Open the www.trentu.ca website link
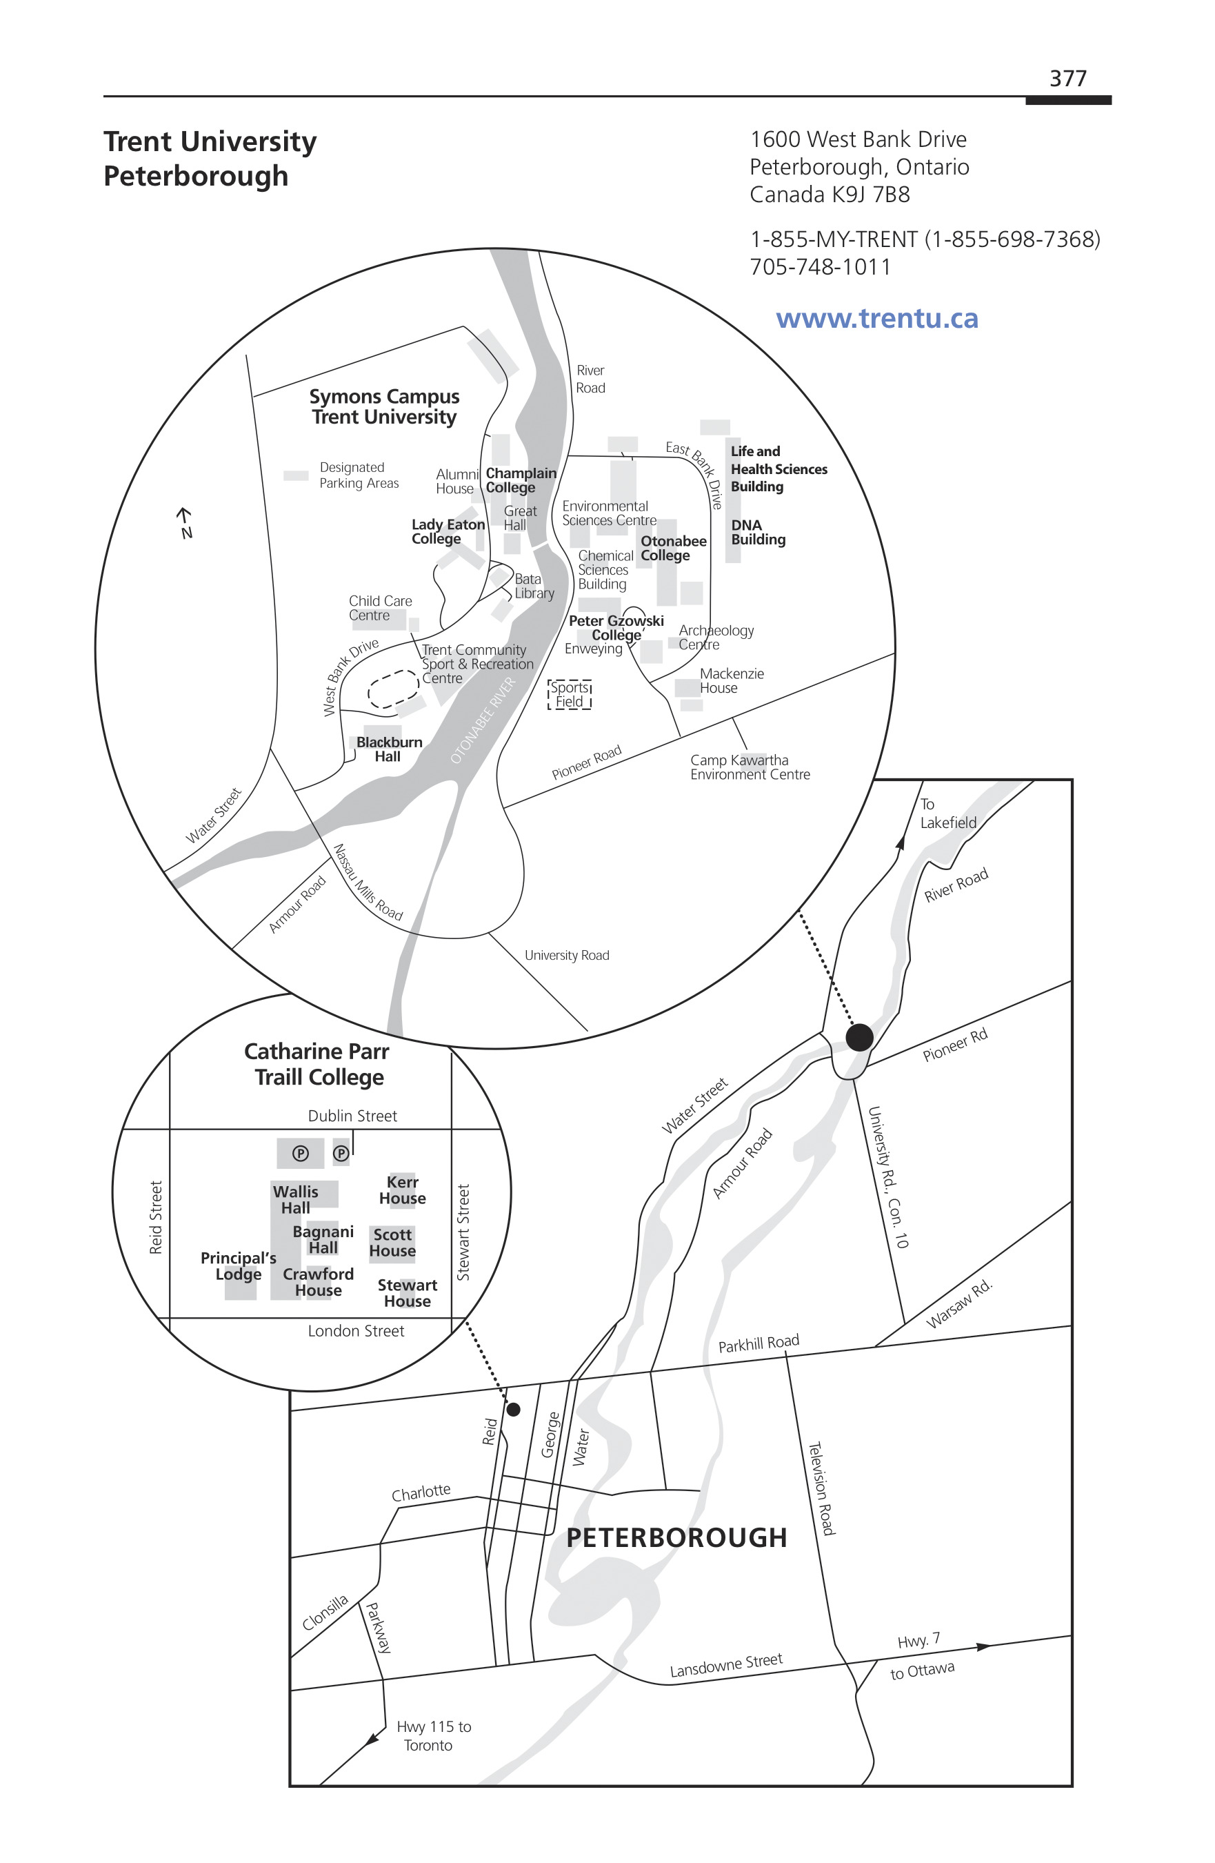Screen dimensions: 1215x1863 click(877, 319)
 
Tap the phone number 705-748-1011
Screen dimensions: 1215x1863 click(820, 267)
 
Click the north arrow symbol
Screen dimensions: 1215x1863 click(185, 523)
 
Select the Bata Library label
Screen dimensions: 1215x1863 click(534, 586)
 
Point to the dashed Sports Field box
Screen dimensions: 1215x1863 click(570, 694)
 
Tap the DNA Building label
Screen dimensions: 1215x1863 click(758, 532)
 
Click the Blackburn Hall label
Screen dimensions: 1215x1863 click(389, 749)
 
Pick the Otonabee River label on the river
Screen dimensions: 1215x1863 click(483, 720)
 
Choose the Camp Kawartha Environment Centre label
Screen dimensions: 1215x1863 click(750, 767)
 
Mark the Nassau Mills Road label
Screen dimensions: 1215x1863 click(368, 881)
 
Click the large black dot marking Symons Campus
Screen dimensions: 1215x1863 click(860, 1037)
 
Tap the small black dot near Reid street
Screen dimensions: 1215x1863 click(514, 1409)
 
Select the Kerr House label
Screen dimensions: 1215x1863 click(402, 1190)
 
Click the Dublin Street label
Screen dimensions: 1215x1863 click(352, 1116)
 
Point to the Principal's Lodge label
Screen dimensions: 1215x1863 click(239, 1265)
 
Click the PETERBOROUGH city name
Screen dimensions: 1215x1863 click(676, 1537)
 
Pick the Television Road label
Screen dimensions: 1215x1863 click(821, 1488)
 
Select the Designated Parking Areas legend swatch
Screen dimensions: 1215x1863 click(296, 475)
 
